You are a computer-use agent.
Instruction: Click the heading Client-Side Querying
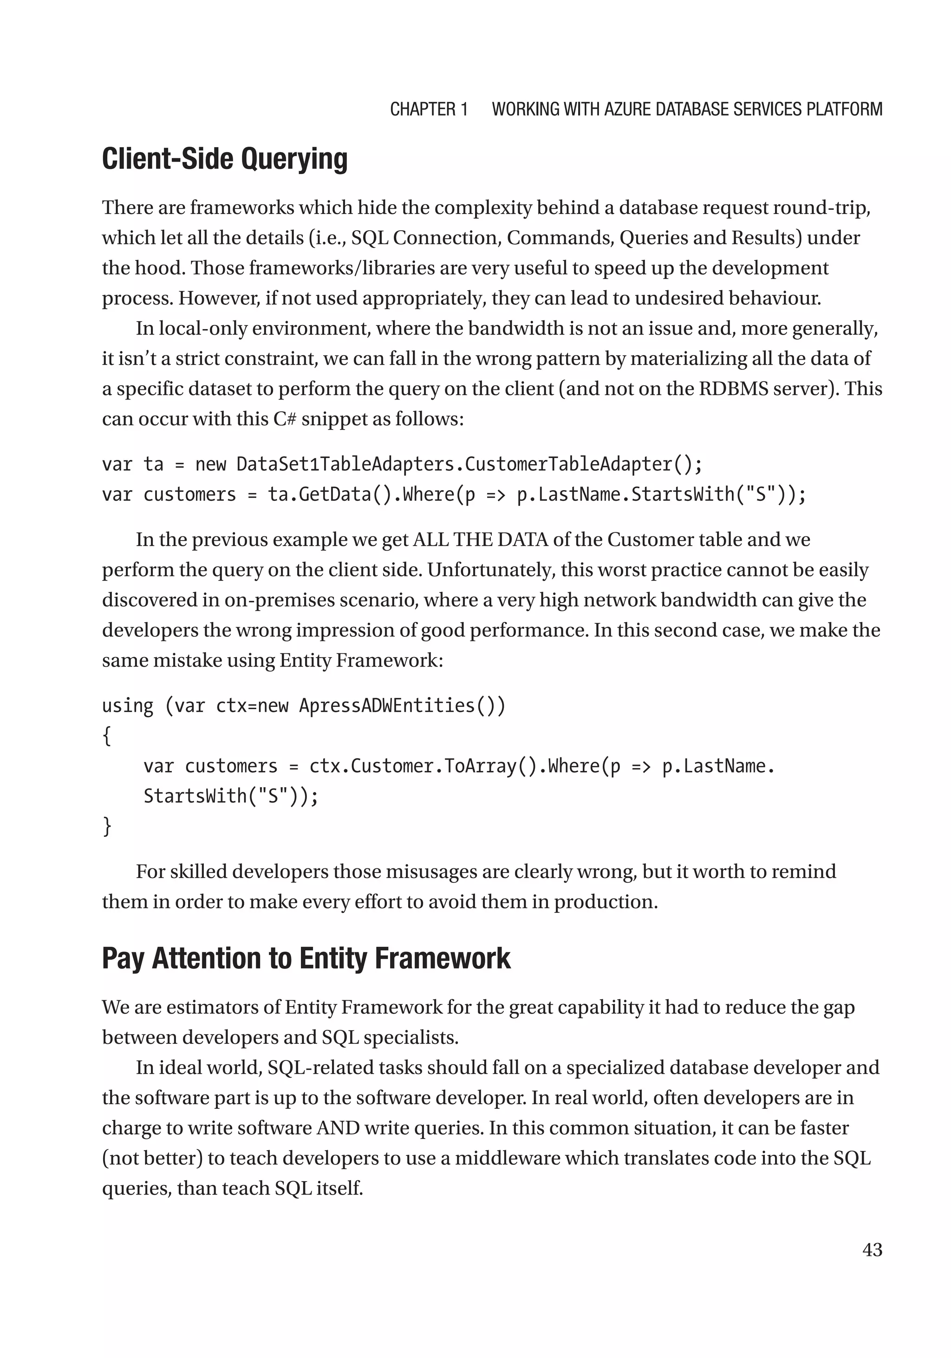[x=224, y=159]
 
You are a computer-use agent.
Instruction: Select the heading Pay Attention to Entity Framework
[x=306, y=959]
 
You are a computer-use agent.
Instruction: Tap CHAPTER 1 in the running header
[x=429, y=110]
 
